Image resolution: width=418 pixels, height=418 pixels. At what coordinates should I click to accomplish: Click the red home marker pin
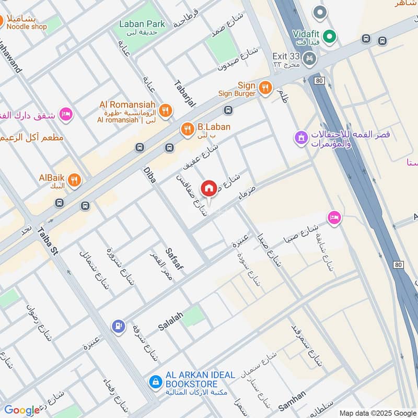209,188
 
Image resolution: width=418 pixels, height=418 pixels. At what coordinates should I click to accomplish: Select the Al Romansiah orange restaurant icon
166,110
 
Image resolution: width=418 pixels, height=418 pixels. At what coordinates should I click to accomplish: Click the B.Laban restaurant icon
187,129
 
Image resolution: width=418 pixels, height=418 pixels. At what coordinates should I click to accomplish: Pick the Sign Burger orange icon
266,87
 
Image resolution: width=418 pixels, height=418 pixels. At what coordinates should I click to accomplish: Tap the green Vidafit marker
329,36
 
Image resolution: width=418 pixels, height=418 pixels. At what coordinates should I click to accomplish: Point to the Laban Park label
142,24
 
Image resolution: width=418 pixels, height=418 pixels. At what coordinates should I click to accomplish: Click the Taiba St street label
47,242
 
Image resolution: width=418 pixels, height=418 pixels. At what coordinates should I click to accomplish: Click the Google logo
22,410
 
